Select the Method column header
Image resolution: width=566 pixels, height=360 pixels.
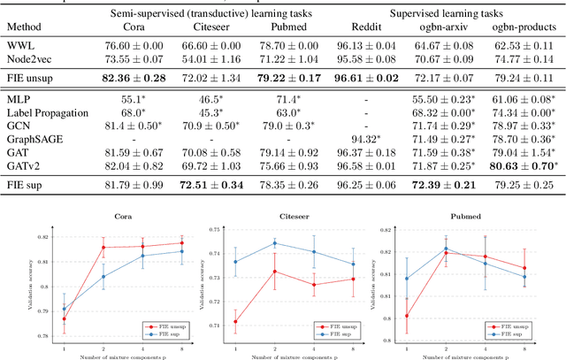click(25, 28)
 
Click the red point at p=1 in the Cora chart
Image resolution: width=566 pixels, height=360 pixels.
click(64, 319)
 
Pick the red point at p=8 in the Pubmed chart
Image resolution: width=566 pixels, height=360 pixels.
click(524, 268)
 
